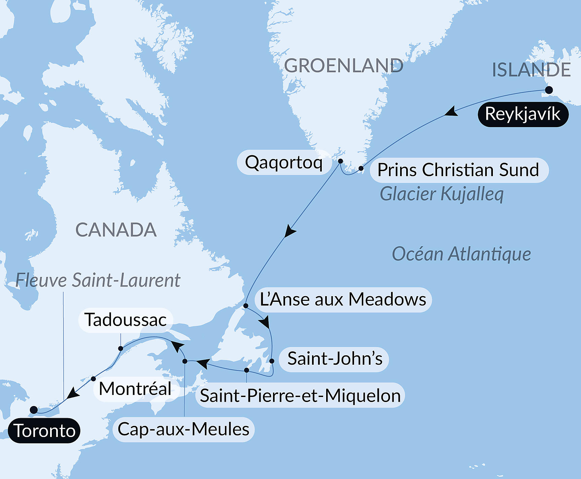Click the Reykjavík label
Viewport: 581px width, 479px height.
pyautogui.click(x=523, y=114)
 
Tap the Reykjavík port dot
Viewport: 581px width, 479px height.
pyautogui.click(x=549, y=90)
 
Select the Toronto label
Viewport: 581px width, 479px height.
pyautogui.click(x=44, y=431)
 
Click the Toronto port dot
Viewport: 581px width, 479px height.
pyautogui.click(x=34, y=410)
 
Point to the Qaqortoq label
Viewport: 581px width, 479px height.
pyautogui.click(x=284, y=162)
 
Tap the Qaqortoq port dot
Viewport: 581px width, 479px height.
pyautogui.click(x=340, y=161)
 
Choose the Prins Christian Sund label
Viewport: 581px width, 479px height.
pyautogui.click(x=459, y=170)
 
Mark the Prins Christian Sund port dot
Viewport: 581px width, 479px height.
pyautogui.click(x=361, y=168)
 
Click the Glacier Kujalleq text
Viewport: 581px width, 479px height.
pyautogui.click(x=441, y=194)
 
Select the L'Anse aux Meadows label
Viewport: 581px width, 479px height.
pyautogui.click(x=343, y=300)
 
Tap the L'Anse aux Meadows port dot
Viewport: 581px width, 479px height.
pyautogui.click(x=246, y=306)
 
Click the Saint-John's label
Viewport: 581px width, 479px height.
pyautogui.click(x=334, y=359)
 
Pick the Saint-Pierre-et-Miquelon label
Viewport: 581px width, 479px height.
pyautogui.click(x=300, y=395)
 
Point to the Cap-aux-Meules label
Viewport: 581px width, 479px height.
pyautogui.click(x=184, y=429)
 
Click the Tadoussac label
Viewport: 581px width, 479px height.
pyautogui.click(x=125, y=320)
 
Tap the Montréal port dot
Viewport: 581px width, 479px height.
pyautogui.click(x=93, y=379)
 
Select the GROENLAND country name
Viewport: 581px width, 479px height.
pyautogui.click(x=343, y=66)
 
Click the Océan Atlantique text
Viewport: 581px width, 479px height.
pyautogui.click(x=461, y=254)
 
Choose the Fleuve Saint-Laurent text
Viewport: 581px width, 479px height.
pyautogui.click(x=98, y=280)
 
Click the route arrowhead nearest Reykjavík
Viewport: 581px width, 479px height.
pyautogui.click(x=451, y=112)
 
